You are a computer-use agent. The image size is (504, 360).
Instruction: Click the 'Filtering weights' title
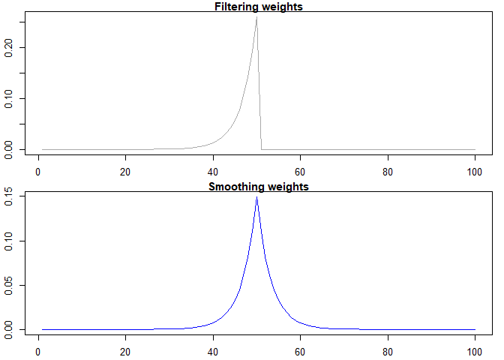tap(259, 7)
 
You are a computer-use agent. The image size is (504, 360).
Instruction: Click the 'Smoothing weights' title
tap(259, 187)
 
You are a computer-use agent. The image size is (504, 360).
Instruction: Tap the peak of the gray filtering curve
tap(256, 16)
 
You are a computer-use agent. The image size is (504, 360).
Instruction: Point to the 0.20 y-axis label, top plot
tap(10, 47)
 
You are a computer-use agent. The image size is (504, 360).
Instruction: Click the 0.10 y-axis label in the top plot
tap(10, 98)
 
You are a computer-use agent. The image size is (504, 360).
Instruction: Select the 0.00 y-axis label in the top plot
tap(10, 149)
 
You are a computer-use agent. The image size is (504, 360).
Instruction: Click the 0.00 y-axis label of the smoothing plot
tap(10, 329)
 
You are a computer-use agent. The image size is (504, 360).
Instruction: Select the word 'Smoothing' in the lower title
tap(234, 187)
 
